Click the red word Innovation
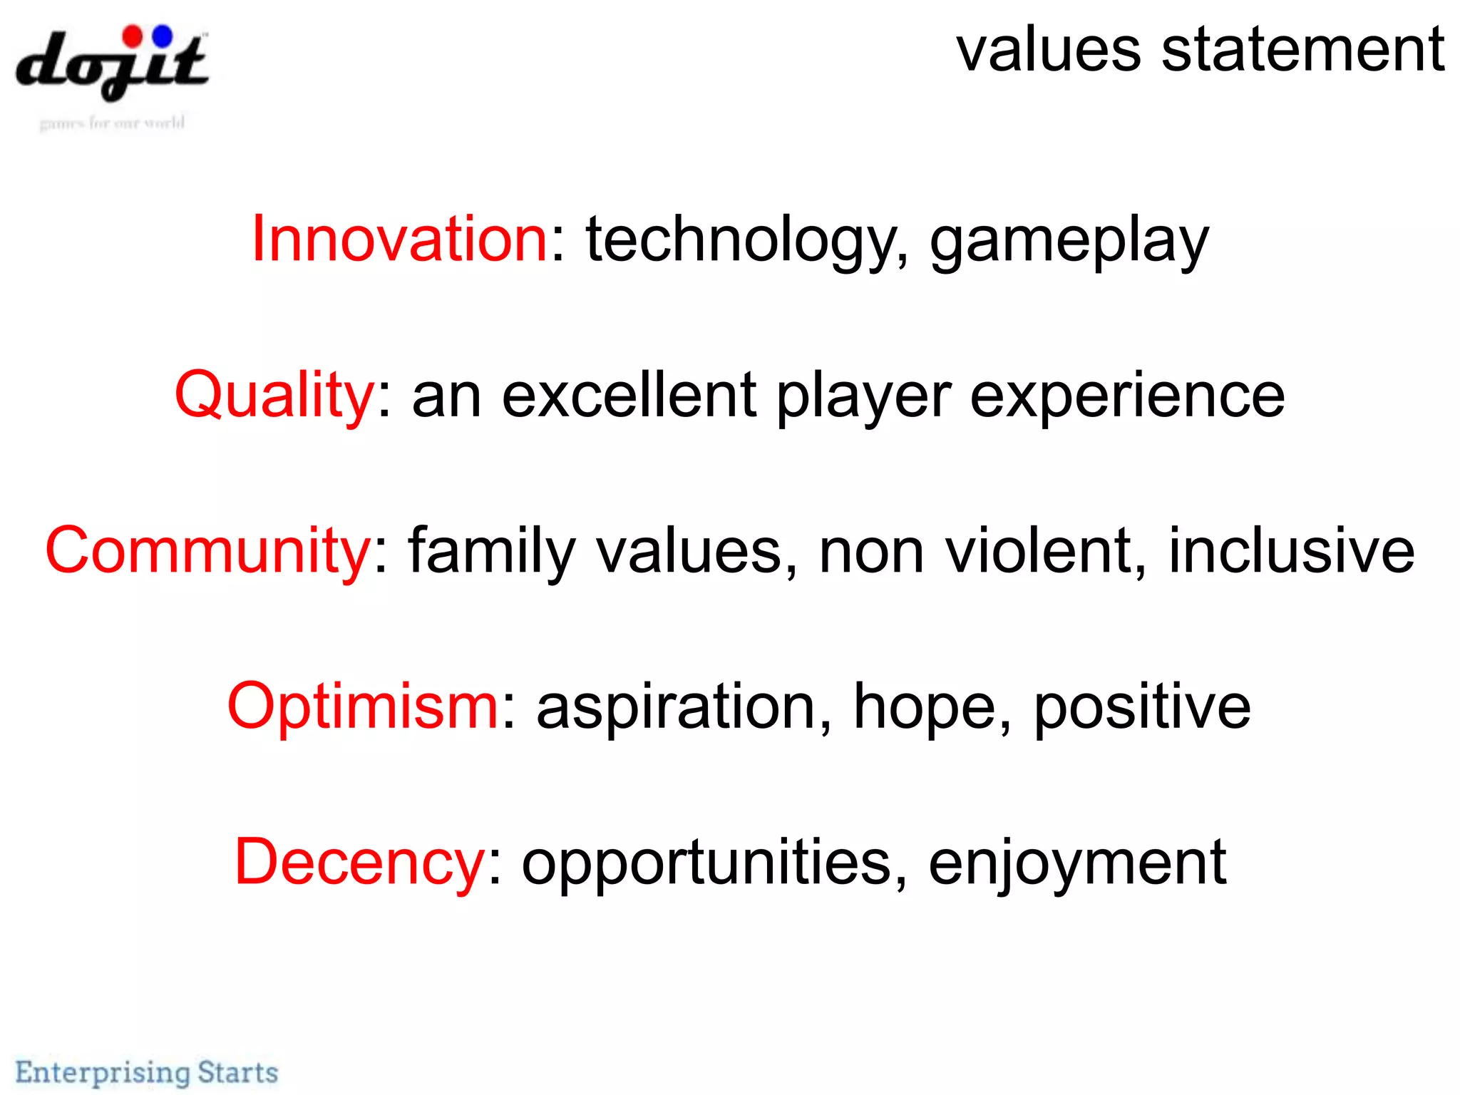coord(399,240)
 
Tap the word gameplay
coord(1069,242)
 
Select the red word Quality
coord(274,396)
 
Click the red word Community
coord(207,551)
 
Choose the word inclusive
coord(1291,551)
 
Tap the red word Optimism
coord(363,706)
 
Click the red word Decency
coord(360,863)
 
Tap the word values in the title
coord(1048,51)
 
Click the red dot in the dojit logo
coord(133,36)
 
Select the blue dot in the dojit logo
coord(163,35)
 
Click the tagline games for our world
coord(112,123)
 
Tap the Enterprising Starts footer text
coord(147,1072)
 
